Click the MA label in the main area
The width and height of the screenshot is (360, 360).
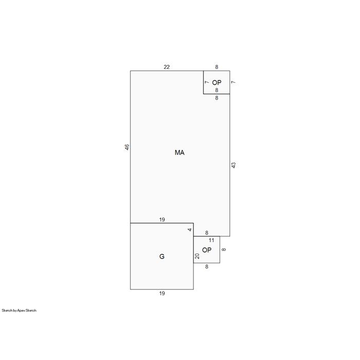tap(179, 152)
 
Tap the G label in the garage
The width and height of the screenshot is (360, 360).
tap(162, 257)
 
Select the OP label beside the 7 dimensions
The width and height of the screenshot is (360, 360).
tap(217, 82)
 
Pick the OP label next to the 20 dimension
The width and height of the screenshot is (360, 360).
tap(207, 250)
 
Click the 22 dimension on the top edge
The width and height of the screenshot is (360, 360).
tap(167, 67)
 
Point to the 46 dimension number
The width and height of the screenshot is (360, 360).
tap(127, 147)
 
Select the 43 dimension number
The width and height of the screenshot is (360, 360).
tap(233, 165)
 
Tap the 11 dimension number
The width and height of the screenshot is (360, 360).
tap(211, 240)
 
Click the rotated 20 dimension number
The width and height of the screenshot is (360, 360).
tap(197, 256)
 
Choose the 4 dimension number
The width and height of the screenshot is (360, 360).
tap(190, 229)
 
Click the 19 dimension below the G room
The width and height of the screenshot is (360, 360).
tap(162, 294)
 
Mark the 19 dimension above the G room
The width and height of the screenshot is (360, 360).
tap(162, 220)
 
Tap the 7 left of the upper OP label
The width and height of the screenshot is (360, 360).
tap(207, 82)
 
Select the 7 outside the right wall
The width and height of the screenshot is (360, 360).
tap(233, 82)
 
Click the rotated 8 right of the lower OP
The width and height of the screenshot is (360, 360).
tap(224, 249)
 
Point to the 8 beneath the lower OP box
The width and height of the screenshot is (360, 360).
tap(207, 267)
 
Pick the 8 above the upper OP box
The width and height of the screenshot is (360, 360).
tap(217, 67)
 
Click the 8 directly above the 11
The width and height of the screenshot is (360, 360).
tap(207, 233)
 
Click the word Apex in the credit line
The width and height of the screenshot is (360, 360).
tap(21, 311)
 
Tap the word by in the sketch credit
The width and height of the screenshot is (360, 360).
tap(15, 311)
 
